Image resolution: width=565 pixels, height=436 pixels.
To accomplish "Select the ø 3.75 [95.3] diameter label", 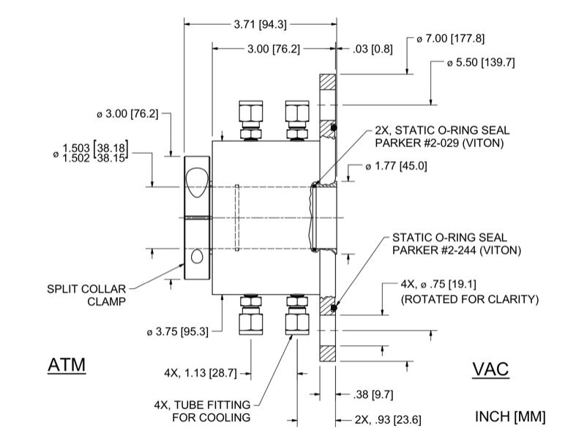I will click(178, 331).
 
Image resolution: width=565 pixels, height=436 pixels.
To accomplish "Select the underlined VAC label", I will click(490, 369).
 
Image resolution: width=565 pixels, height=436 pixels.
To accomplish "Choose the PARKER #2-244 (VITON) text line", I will click(457, 250).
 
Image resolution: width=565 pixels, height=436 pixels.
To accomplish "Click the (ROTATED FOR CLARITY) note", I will click(470, 298).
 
